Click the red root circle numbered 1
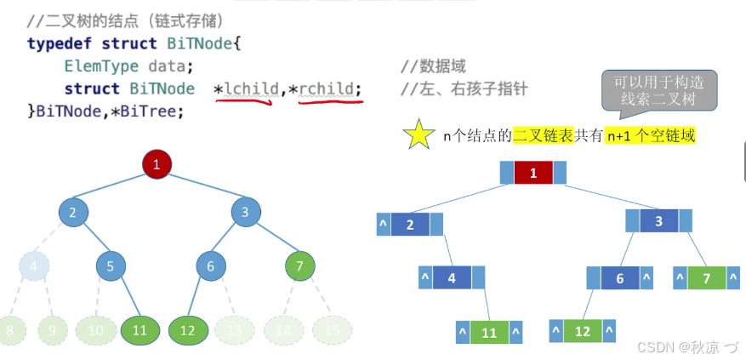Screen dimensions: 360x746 (x=157, y=164)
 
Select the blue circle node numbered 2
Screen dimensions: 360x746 (x=73, y=213)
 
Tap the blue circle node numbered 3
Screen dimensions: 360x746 (x=245, y=213)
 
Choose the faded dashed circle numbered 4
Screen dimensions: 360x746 (x=34, y=266)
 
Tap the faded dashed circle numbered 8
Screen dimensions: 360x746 (x=10, y=329)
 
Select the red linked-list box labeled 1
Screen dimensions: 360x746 (x=533, y=174)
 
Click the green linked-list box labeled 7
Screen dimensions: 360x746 (x=705, y=278)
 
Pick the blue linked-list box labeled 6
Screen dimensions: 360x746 (x=620, y=278)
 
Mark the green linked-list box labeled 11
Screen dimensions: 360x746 (x=489, y=333)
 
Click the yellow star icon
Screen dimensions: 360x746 (x=419, y=136)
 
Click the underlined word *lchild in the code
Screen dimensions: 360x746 (x=247, y=89)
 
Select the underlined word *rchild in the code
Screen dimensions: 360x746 (x=330, y=89)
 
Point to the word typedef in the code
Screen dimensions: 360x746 (x=60, y=43)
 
